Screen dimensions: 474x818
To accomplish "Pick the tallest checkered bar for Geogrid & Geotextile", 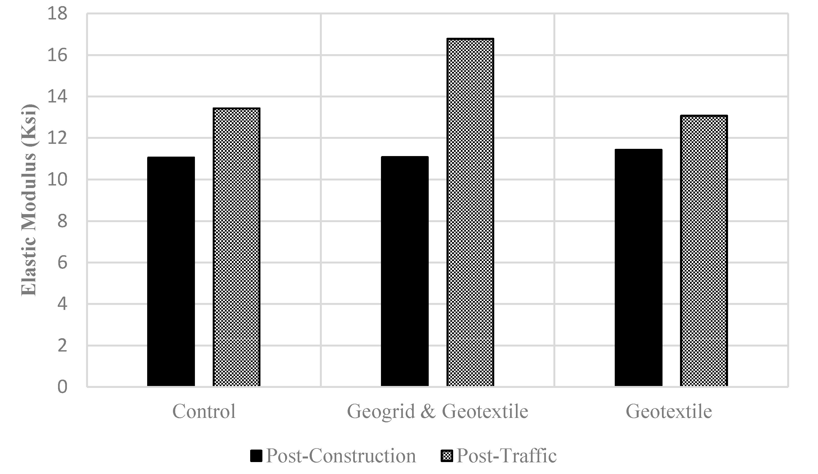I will coord(470,213).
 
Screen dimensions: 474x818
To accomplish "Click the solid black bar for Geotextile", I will coord(639,268).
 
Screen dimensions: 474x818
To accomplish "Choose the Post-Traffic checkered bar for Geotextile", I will coord(704,251).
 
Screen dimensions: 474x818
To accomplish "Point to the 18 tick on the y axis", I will coord(57,14).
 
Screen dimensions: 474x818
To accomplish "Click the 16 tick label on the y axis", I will coord(57,56).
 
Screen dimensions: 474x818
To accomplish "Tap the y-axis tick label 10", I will coord(57,180).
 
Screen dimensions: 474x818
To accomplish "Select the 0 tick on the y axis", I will coord(62,387).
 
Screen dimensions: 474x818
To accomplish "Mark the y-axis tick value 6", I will coord(62,262).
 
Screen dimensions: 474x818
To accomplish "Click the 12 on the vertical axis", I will coord(57,138).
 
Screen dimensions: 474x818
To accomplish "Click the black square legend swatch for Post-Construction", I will coord(256,456).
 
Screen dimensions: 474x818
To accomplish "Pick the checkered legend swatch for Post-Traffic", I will coord(446,456).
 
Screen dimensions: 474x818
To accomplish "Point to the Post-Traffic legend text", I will coord(506,456).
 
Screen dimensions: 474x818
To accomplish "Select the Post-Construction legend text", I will coord(341,456).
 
